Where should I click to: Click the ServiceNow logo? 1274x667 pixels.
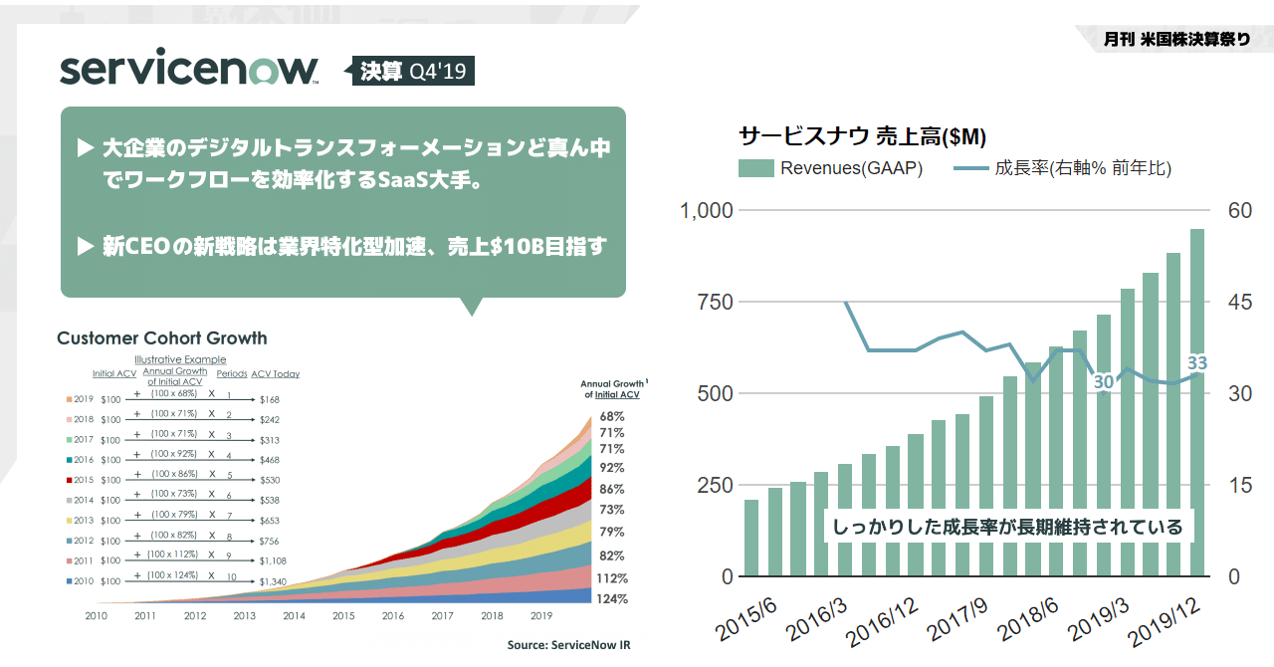(189, 70)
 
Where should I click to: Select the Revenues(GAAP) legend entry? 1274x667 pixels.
(831, 168)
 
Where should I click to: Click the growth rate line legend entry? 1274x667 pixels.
(1062, 168)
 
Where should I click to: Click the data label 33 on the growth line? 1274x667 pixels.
(1196, 363)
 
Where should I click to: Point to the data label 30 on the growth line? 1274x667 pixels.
(1103, 382)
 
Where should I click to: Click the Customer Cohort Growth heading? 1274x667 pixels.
(162, 338)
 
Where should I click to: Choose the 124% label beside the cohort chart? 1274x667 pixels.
(612, 599)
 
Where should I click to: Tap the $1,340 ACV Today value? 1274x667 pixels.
(273, 581)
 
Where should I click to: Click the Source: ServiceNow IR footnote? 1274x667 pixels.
(568, 645)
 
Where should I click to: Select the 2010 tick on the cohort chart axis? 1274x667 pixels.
(96, 616)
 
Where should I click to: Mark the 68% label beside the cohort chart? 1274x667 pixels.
(612, 416)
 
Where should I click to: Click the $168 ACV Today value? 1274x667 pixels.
(270, 399)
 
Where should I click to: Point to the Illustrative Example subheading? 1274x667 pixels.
(180, 359)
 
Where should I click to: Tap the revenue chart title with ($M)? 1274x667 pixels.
(862, 135)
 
